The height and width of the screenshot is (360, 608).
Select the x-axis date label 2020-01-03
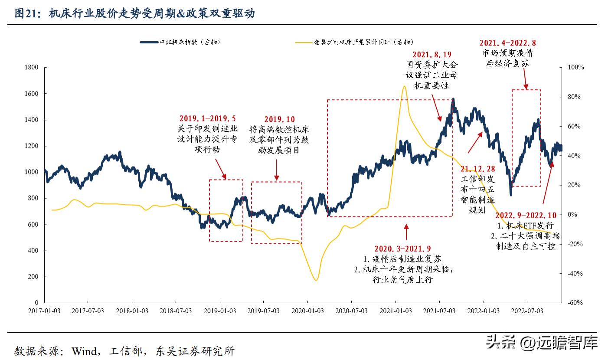pos(307,311)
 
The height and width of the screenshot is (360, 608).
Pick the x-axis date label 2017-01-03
pos(44,311)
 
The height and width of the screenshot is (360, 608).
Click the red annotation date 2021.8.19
pos(431,55)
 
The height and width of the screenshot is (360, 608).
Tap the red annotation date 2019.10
pos(279,119)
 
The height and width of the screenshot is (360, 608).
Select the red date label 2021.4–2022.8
pos(508,43)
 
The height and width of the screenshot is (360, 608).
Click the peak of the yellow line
pos(404,86)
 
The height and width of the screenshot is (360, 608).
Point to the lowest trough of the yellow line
pos(316,280)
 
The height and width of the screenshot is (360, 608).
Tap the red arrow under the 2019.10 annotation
pos(277,169)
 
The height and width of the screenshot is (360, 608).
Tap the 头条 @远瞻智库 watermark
pos(542,342)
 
